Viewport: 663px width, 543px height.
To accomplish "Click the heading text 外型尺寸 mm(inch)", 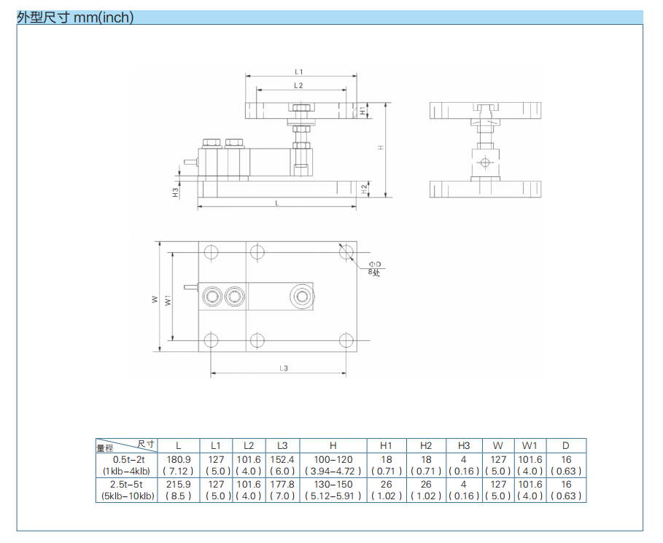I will pyautogui.click(x=75, y=17).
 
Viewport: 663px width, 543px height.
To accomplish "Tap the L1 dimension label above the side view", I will pyautogui.click(x=299, y=71).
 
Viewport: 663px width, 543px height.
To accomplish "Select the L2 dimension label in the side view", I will pyautogui.click(x=299, y=85).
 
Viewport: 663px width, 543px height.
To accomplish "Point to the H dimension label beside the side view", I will pyautogui.click(x=380, y=148).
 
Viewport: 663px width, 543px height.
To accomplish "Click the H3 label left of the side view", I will pyautogui.click(x=175, y=192).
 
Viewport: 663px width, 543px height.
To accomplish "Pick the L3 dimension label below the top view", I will pyautogui.click(x=284, y=369).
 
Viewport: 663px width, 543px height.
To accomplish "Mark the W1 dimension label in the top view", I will pyautogui.click(x=168, y=300).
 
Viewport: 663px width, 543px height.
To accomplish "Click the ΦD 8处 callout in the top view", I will pyautogui.click(x=375, y=267).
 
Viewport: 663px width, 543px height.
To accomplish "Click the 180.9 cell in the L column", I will pyautogui.click(x=179, y=460).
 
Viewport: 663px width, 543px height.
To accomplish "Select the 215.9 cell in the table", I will pyautogui.click(x=179, y=484).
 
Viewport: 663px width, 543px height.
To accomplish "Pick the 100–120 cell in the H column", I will pyautogui.click(x=333, y=460).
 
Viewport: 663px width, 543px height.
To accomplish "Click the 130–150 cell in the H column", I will pyautogui.click(x=333, y=484).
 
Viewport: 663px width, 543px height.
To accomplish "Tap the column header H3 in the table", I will pyautogui.click(x=464, y=445).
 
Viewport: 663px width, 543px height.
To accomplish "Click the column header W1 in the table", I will pyautogui.click(x=530, y=445).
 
